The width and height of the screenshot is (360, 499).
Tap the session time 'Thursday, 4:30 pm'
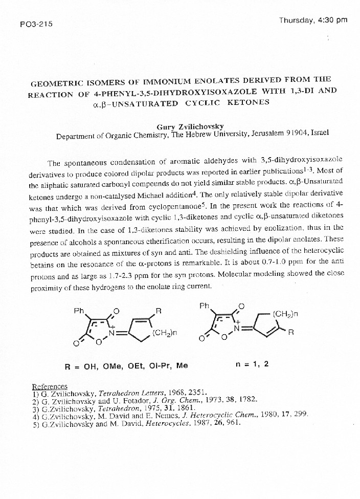tap(313, 20)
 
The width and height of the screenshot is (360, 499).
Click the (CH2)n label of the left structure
tap(165, 333)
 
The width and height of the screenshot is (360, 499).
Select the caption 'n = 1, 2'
tap(253, 365)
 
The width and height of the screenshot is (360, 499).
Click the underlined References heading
tap(50, 386)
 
